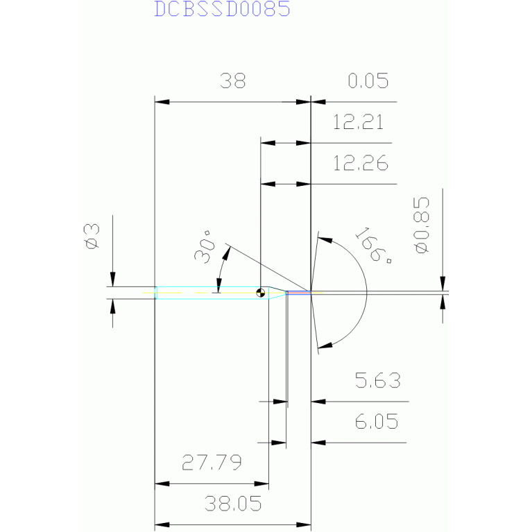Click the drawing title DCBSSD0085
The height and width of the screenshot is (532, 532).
[222, 10]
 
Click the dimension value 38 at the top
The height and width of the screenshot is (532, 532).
[233, 82]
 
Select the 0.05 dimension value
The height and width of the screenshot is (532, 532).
[367, 82]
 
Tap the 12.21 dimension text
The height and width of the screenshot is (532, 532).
[358, 123]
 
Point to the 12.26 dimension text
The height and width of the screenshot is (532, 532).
[360, 164]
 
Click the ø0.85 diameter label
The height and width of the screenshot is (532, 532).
[421, 225]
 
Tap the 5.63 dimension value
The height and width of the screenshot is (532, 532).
[377, 381]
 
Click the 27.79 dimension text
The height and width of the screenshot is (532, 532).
[212, 463]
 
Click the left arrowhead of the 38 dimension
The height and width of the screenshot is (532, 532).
[161, 102]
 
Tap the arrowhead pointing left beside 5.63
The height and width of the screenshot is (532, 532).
[318, 401]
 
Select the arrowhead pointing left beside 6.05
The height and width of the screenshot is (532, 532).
[318, 442]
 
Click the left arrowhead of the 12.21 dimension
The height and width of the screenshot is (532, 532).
[268, 143]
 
